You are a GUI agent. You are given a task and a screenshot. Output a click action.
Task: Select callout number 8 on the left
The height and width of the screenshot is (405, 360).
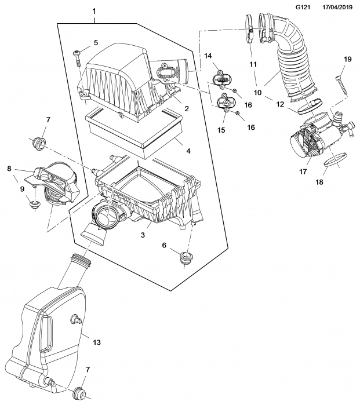point(9,169)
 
